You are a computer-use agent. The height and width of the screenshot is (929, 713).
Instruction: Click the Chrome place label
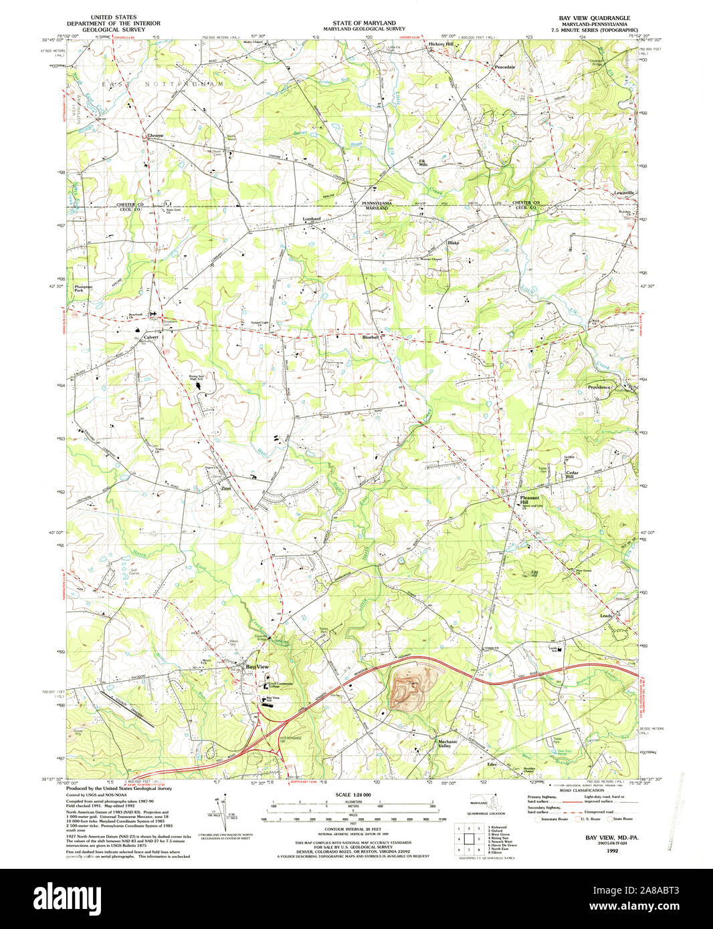click(x=155, y=136)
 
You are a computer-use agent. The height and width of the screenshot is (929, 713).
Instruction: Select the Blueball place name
click(x=371, y=338)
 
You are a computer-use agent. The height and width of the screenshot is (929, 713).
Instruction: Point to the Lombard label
click(x=312, y=219)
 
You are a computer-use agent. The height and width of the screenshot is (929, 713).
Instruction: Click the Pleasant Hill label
click(x=530, y=500)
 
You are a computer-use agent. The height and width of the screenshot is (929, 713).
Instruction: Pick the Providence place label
click(x=599, y=388)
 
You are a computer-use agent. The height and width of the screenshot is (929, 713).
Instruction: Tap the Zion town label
click(x=226, y=489)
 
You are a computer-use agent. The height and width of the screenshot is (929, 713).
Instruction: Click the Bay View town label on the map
click(x=257, y=667)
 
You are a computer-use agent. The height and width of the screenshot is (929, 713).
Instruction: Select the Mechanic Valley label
click(x=447, y=743)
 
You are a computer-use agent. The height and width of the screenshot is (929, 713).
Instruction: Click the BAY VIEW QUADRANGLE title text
click(x=589, y=17)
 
